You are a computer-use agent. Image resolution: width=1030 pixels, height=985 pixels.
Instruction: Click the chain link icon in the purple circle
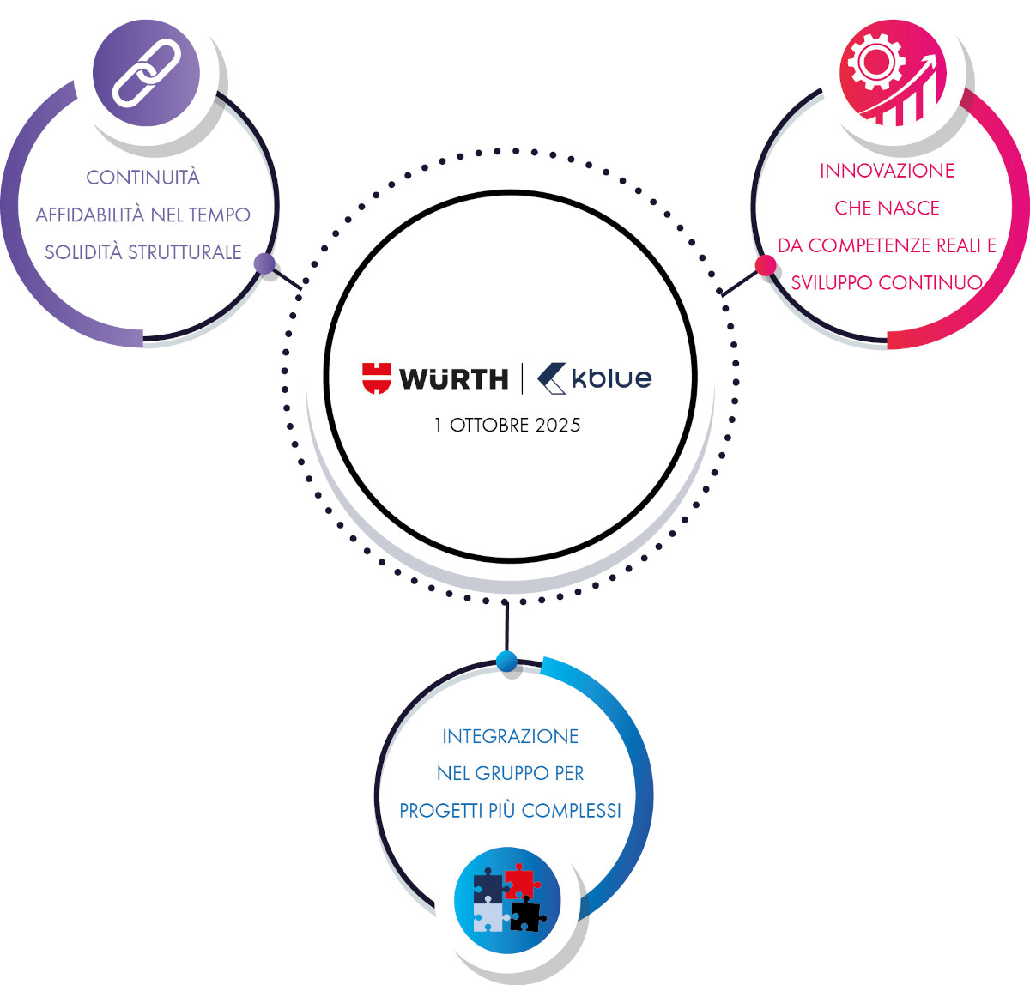(x=146, y=73)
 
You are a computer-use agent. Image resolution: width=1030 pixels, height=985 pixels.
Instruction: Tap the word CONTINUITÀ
(x=142, y=178)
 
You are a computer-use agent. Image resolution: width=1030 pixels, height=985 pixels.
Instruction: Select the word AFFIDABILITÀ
(x=91, y=215)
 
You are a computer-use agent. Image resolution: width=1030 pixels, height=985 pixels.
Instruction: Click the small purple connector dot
(x=265, y=263)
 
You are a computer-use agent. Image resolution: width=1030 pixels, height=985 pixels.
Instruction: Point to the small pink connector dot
(x=766, y=265)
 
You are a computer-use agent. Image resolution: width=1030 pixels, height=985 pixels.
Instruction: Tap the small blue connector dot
(x=507, y=661)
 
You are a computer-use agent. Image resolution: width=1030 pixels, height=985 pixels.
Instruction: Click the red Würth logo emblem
(x=376, y=378)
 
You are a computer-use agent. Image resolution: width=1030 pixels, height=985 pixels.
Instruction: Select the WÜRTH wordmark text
(x=454, y=378)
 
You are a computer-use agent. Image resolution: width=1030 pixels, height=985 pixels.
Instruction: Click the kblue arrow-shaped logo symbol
(x=551, y=378)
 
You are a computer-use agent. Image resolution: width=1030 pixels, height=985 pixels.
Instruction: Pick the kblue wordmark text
(x=612, y=378)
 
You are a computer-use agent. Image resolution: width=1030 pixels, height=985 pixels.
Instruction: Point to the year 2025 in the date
(x=558, y=426)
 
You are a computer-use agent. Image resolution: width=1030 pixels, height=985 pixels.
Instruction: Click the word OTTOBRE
(x=490, y=426)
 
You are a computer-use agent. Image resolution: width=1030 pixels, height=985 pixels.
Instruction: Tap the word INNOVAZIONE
(x=887, y=171)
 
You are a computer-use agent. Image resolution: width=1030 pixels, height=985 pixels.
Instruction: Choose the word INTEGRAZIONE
(x=510, y=736)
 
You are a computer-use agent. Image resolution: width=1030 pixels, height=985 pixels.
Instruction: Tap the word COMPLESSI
(x=571, y=811)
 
